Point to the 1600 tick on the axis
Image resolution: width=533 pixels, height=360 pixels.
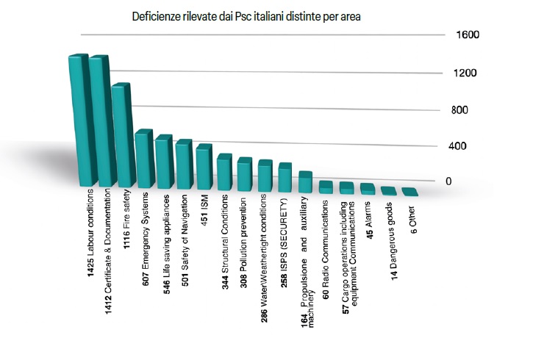click(x=467, y=35)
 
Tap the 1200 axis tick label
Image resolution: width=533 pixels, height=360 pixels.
click(x=467, y=73)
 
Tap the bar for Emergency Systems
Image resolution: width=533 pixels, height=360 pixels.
click(x=143, y=159)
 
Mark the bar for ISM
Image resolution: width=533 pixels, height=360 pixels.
click(x=204, y=167)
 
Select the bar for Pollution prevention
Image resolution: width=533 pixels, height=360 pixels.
click(x=245, y=173)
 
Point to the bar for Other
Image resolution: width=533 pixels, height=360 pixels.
click(x=410, y=192)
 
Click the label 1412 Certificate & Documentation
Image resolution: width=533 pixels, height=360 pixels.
click(x=110, y=249)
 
